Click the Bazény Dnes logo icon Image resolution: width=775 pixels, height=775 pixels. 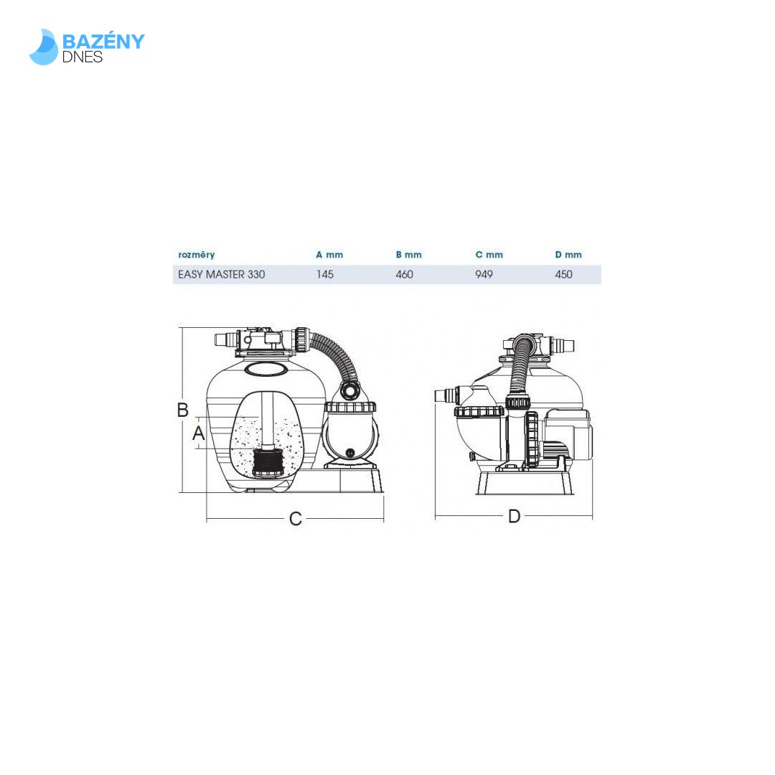(x=44, y=47)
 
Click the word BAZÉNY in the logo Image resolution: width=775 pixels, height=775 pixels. (x=103, y=41)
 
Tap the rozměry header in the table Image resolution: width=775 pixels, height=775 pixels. (x=196, y=255)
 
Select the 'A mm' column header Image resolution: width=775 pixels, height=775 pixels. (x=329, y=255)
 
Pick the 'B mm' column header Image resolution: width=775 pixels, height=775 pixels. (x=408, y=255)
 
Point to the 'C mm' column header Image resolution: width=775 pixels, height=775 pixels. (x=489, y=255)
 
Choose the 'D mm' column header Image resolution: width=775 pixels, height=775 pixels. (x=568, y=255)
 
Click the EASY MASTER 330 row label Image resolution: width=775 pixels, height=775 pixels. (x=222, y=274)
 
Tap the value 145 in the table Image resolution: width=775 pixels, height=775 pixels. (x=324, y=274)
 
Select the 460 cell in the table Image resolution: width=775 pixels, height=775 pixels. (x=404, y=274)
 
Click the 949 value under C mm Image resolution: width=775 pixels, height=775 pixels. (x=484, y=274)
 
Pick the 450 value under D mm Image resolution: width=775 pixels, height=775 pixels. (x=563, y=274)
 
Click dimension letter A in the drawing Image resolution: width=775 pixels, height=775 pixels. (x=198, y=433)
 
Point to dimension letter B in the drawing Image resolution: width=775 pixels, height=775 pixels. (x=183, y=410)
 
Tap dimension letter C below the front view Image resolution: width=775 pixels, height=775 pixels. (x=295, y=519)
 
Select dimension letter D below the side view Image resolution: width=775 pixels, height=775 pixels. (x=514, y=516)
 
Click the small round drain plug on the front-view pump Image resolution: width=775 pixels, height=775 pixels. (x=349, y=453)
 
